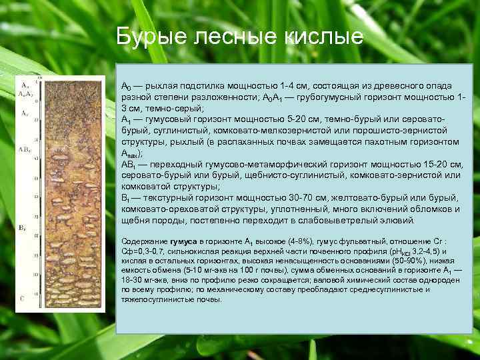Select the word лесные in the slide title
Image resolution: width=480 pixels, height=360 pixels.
tap(239, 36)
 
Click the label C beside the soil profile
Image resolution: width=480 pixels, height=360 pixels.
tap(23, 299)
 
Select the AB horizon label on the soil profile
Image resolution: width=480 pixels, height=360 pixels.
tap(23, 149)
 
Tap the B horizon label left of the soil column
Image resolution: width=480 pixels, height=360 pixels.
tap(22, 229)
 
